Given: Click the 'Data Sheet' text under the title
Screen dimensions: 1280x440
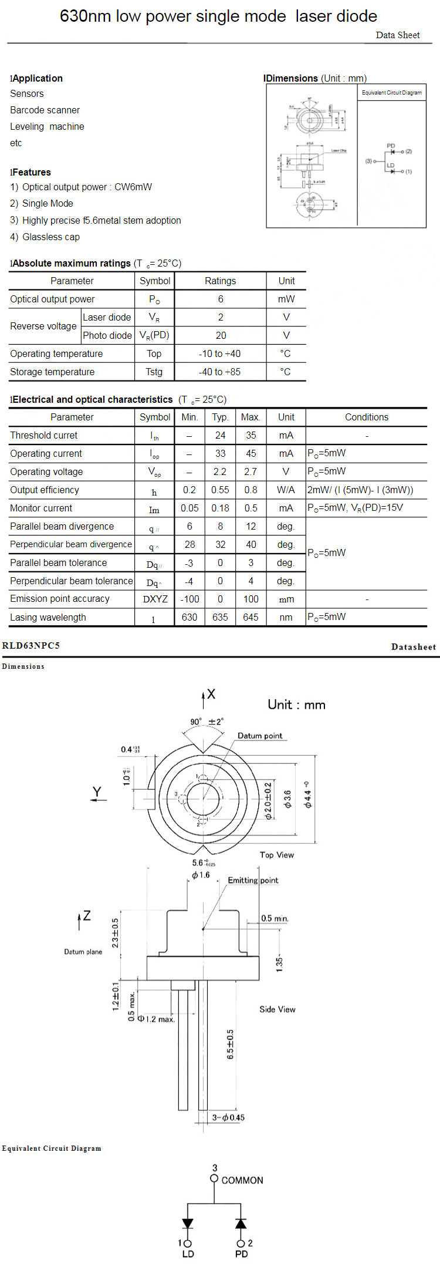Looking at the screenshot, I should coord(397,35).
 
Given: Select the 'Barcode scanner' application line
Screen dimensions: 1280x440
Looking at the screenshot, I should coord(45,110).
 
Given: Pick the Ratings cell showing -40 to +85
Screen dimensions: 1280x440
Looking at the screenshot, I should coord(220,372).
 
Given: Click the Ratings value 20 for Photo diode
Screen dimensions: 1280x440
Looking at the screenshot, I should coord(221,335).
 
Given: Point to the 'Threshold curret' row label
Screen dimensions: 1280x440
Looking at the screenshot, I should coord(44,435).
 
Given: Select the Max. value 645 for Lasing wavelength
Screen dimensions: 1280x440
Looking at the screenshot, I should coord(251,617).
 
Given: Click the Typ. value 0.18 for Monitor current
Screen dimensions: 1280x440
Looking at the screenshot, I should coord(220,508).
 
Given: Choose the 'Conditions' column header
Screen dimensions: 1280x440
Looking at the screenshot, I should coord(366,417).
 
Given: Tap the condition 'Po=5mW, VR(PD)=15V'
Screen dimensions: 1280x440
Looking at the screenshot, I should coord(355,508).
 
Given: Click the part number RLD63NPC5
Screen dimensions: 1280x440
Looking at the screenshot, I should coord(31,645).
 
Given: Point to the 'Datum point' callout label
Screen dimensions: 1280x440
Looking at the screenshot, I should coord(260,736).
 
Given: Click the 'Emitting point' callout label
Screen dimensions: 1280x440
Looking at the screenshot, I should coord(253,880).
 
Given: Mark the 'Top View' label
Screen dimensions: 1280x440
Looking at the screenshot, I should coord(277,855).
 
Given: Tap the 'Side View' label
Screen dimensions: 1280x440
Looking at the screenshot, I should coord(277,1009).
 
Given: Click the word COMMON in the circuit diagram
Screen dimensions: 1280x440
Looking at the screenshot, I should coord(242,1180).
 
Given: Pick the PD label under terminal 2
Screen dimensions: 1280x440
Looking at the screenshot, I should coord(241,1254).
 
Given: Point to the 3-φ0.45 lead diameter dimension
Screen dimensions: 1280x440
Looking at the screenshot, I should coord(228,1117).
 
